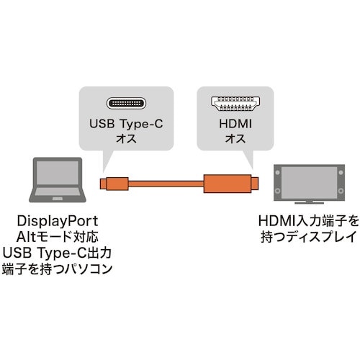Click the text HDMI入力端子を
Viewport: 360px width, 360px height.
307,221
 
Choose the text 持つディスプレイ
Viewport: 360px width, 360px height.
307,237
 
